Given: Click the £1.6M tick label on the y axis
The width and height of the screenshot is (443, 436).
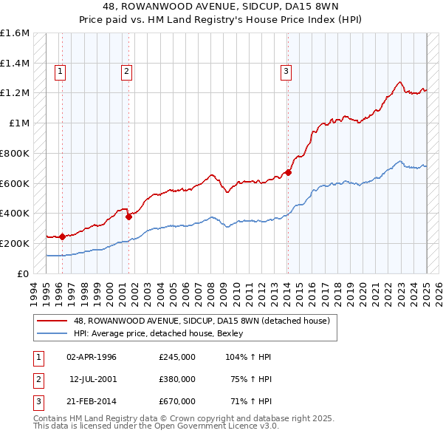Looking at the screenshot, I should pyautogui.click(x=15, y=33).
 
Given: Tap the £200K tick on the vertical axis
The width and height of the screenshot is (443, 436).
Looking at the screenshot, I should pyautogui.click(x=15, y=243).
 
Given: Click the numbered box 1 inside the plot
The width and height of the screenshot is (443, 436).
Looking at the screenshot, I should pyautogui.click(x=59, y=72).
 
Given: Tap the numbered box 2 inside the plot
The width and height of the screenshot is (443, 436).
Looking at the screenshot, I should pyautogui.click(x=127, y=72).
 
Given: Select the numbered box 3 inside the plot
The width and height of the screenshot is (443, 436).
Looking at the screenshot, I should pyautogui.click(x=285, y=72).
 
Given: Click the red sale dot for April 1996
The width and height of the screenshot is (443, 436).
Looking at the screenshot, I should pyautogui.click(x=63, y=236).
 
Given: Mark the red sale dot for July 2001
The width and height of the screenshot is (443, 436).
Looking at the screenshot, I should pyautogui.click(x=128, y=217).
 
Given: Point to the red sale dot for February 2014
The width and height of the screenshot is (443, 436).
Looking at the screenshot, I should pyautogui.click(x=288, y=173).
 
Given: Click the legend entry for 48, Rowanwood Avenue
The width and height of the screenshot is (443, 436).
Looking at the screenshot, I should pyautogui.click(x=205, y=320).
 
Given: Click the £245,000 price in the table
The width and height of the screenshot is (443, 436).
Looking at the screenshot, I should pyautogui.click(x=177, y=357).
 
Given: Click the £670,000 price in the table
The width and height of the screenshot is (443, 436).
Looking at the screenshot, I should pyautogui.click(x=177, y=401).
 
